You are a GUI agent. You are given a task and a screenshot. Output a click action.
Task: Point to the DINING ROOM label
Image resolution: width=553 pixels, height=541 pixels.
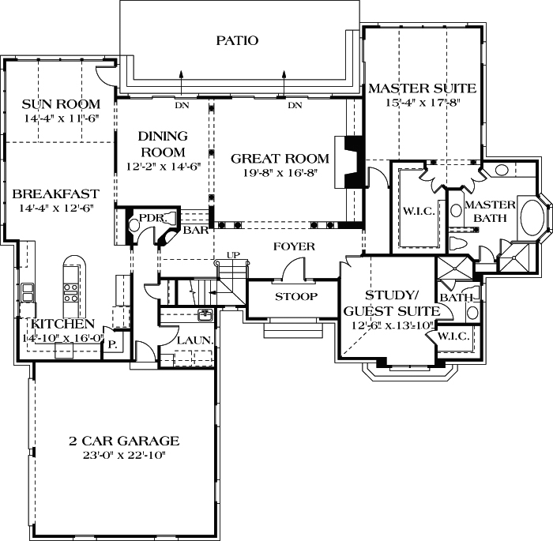pos(163,144)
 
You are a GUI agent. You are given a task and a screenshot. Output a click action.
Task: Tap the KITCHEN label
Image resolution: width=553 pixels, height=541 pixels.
pos(63,324)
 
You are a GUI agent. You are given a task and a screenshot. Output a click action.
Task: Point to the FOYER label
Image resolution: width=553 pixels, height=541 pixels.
pos(294,246)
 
